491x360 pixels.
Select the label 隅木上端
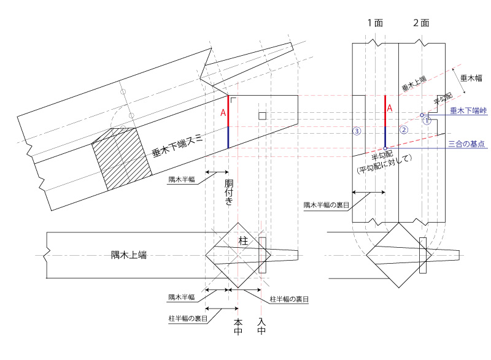click(x=129, y=255)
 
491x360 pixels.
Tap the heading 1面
click(x=375, y=23)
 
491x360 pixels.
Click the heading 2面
click(x=420, y=23)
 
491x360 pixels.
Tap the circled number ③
click(x=357, y=131)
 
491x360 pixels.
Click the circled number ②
click(x=403, y=129)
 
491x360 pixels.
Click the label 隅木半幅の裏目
click(x=327, y=204)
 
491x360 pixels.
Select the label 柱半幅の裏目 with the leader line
click(x=289, y=299)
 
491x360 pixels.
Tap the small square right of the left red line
click(x=261, y=116)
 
